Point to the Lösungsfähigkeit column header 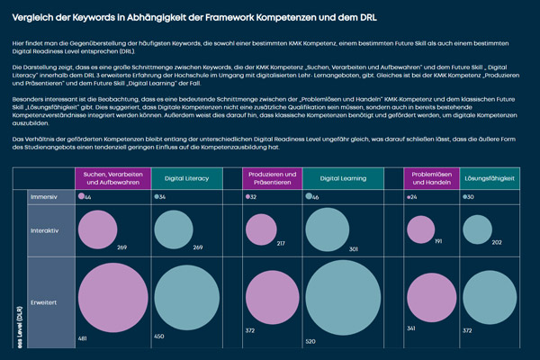click(489, 179)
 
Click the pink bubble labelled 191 click(421, 229)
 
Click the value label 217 click(282, 244)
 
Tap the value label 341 click(411, 329)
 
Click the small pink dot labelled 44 click(81, 196)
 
